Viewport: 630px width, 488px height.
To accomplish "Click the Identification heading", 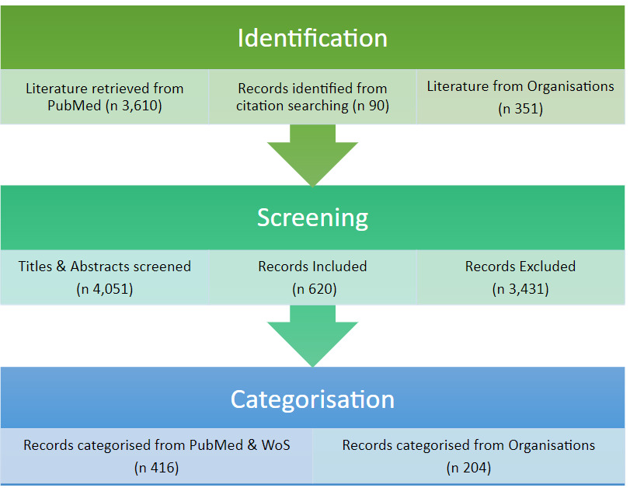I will (x=312, y=38).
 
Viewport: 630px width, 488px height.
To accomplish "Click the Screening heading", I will (x=312, y=218).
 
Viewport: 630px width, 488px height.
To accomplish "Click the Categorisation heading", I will (x=312, y=399).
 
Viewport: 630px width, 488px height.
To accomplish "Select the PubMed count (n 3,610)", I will (x=133, y=106).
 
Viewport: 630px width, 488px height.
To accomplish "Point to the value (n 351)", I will (x=520, y=109).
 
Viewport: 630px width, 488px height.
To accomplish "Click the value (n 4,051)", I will (x=105, y=289).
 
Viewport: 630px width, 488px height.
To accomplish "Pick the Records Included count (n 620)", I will (x=312, y=289).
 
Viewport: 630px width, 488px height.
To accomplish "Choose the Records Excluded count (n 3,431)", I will (x=520, y=289).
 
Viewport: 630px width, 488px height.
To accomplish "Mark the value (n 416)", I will (x=156, y=468).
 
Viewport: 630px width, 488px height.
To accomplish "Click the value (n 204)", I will (x=468, y=468).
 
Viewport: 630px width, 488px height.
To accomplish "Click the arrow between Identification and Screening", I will (x=312, y=155).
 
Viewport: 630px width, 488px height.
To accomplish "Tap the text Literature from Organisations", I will (x=520, y=86).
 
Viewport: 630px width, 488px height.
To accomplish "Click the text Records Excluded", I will (x=520, y=267).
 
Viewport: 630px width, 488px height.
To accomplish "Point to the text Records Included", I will (x=312, y=267).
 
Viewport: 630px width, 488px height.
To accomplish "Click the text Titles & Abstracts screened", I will (x=105, y=267).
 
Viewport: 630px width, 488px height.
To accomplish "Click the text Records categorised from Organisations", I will (x=468, y=445).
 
